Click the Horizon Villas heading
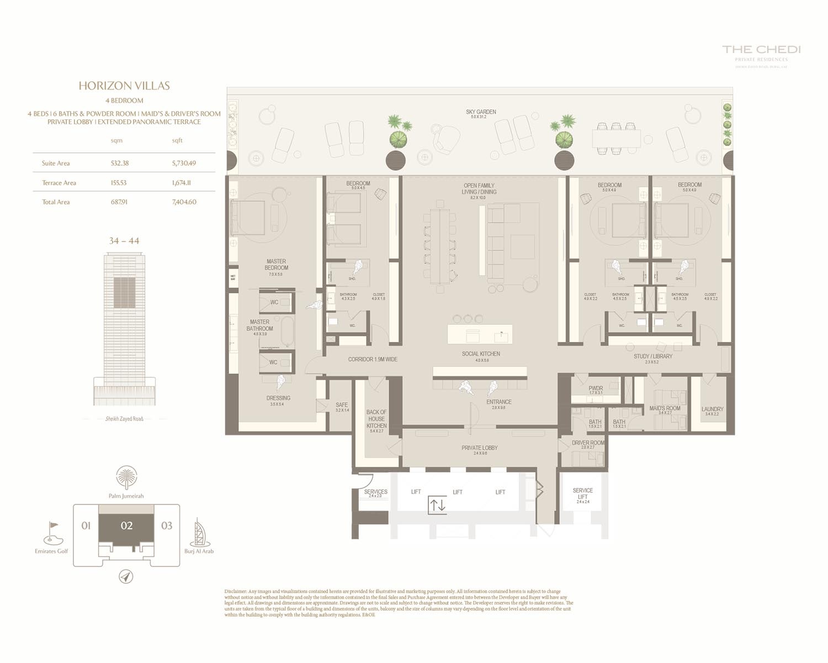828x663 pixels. click(124, 86)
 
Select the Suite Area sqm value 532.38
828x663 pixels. click(120, 163)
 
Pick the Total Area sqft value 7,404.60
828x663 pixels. click(184, 202)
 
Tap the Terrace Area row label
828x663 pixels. click(59, 183)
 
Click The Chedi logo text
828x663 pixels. click(761, 50)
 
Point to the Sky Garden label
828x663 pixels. click(481, 112)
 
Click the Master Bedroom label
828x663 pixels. click(276, 265)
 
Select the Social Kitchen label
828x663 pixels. click(481, 354)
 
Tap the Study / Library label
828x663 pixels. click(653, 356)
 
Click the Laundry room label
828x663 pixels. click(712, 409)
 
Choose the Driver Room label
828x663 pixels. click(588, 443)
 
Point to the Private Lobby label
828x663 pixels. click(480, 448)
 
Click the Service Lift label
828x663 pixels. click(582, 493)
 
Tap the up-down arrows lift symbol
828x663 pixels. click(437, 505)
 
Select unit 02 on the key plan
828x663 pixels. click(126, 525)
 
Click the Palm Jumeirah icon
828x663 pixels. click(126, 477)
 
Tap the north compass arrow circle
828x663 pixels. click(126, 577)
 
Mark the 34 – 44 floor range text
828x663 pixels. click(124, 241)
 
